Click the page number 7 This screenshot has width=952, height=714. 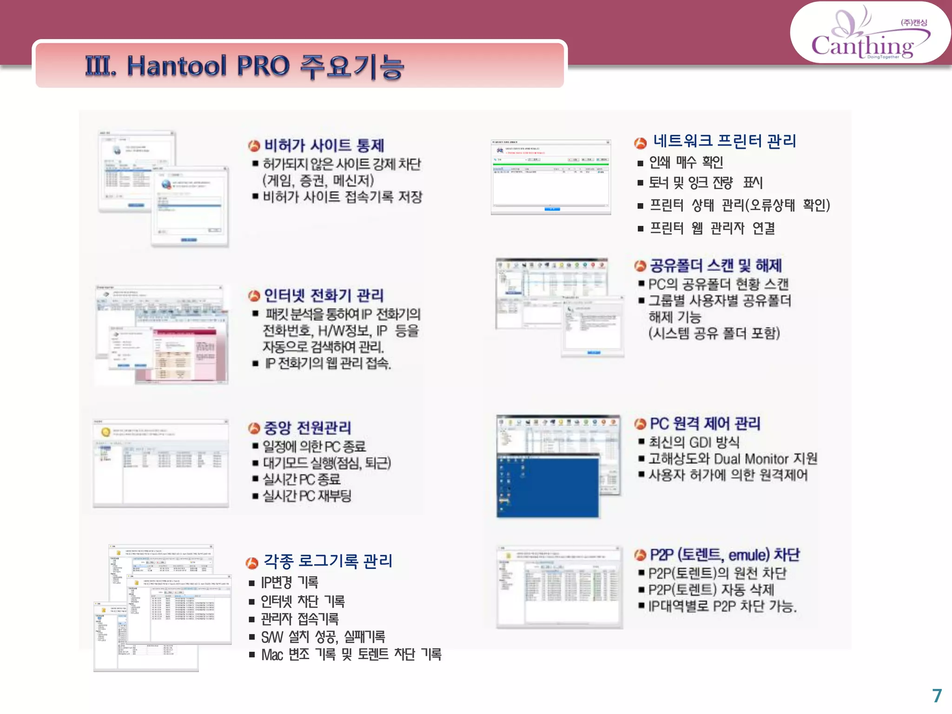coord(937,695)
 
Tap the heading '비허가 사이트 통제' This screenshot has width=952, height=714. coord(324,145)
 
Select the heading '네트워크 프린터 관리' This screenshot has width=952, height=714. coord(724,141)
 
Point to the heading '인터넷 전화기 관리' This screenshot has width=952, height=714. coord(324,295)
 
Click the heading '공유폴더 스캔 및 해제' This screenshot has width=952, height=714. coord(715,265)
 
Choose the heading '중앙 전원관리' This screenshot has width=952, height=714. coord(307,428)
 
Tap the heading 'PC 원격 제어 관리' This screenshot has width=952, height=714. coord(705,423)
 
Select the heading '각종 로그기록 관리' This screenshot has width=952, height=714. coord(328,562)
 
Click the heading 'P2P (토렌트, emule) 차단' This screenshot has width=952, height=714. coord(724,555)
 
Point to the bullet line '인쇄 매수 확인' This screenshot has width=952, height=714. coord(686,163)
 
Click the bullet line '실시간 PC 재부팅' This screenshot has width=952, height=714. coord(307,496)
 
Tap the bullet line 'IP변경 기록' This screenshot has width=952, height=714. coord(290,582)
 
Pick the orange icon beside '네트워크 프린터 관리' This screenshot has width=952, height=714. coord(641,143)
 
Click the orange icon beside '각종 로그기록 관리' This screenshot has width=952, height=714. coord(251,563)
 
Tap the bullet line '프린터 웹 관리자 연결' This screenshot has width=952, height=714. coord(712,228)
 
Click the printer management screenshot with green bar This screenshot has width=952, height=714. coord(551,177)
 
